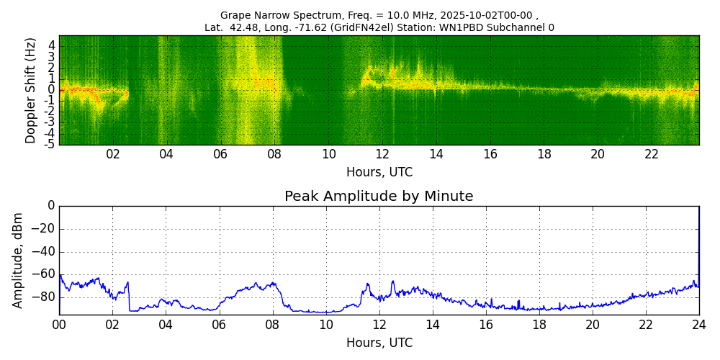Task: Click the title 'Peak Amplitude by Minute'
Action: [379, 197]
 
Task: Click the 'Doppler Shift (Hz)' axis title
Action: [31, 90]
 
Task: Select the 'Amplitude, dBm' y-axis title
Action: [19, 260]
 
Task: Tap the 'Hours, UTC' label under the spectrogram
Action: [379, 173]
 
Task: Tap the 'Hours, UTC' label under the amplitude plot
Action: [379, 343]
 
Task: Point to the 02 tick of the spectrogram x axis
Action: [113, 154]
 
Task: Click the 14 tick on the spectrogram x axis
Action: [436, 154]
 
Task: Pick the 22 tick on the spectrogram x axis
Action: [652, 154]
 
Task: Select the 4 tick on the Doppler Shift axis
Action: [52, 45]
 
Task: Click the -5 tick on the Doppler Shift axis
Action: [50, 144]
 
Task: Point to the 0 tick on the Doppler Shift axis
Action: [52, 90]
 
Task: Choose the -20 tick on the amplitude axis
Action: [42, 229]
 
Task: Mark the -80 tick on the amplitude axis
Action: [42, 297]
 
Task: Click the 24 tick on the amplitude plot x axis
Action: [699, 324]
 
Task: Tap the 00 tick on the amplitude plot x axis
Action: [59, 324]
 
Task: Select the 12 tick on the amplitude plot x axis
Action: [379, 324]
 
